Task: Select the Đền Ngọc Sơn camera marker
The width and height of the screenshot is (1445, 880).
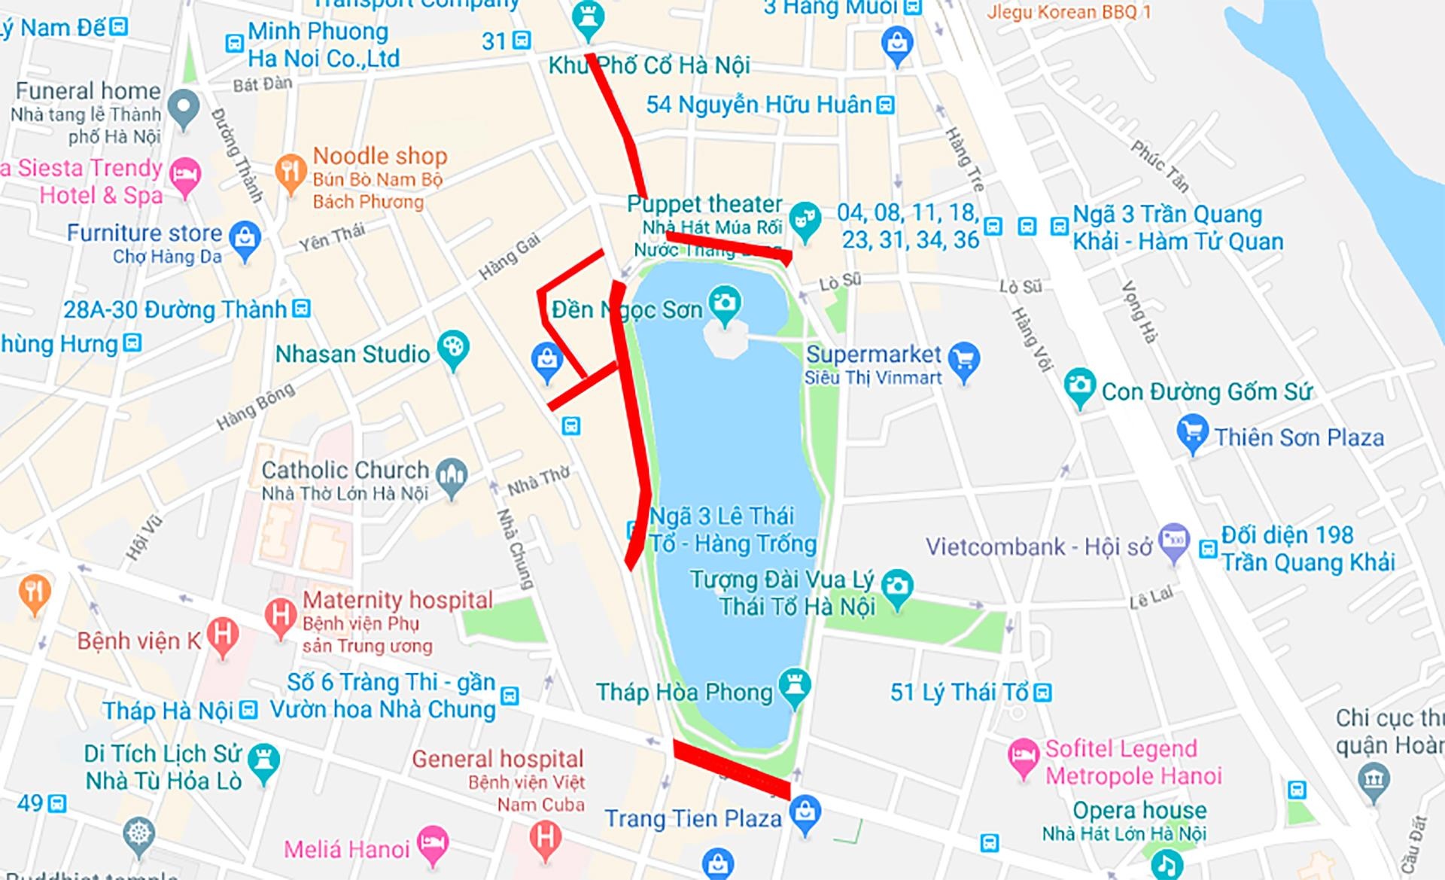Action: [x=725, y=304]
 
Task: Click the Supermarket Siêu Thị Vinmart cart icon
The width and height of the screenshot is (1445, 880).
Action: [x=964, y=359]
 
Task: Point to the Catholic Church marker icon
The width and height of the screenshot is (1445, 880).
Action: [x=452, y=476]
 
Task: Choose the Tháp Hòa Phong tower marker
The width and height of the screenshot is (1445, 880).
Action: [x=795, y=686]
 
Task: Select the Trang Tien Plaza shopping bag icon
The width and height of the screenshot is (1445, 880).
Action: [x=805, y=814]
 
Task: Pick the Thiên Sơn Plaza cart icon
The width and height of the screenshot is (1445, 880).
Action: [x=1191, y=432]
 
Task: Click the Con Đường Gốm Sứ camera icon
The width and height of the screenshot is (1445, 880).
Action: [x=1080, y=386]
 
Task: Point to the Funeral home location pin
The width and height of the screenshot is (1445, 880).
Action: [x=184, y=108]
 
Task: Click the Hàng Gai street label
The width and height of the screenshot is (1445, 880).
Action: [x=510, y=257]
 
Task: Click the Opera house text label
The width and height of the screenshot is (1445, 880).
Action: [x=1139, y=810]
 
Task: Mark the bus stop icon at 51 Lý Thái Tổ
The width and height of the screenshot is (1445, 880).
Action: [x=1043, y=693]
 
